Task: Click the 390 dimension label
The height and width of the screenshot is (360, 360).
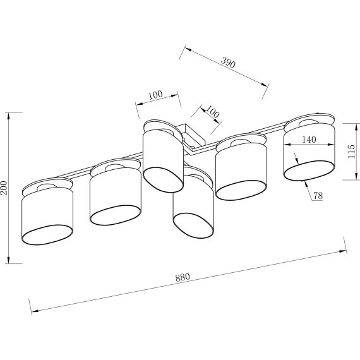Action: [228, 63]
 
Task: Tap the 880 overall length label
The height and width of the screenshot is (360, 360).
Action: [183, 277]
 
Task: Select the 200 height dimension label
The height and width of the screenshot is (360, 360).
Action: [4, 188]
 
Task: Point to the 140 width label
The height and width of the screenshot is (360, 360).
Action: [309, 140]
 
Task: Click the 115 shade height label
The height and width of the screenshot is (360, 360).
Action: [351, 152]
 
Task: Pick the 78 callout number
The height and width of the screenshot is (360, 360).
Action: [318, 196]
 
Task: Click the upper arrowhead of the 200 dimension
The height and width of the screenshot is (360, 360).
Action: [9, 116]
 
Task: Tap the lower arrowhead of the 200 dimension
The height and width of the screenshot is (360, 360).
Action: [8, 260]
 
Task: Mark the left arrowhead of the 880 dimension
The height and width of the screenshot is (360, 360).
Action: [35, 311]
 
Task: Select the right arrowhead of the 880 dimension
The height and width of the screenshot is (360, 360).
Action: [343, 251]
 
